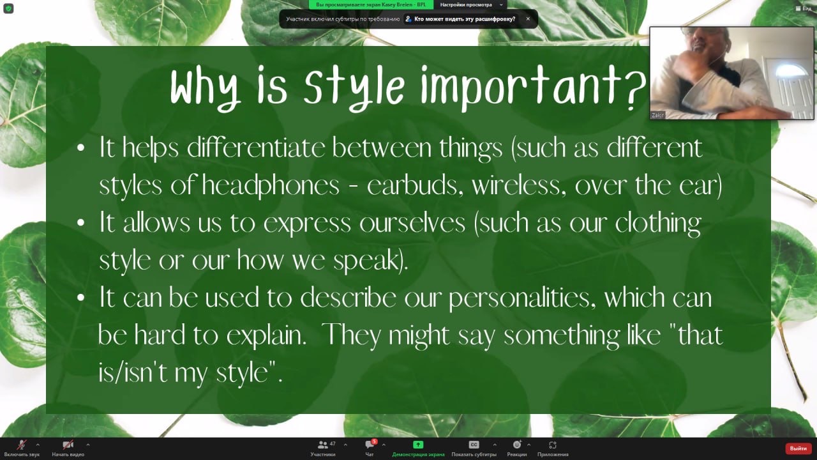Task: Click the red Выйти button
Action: click(x=798, y=448)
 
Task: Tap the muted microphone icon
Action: click(x=22, y=445)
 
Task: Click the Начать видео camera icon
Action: click(x=68, y=445)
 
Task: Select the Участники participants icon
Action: click(x=322, y=445)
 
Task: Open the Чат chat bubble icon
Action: click(x=370, y=445)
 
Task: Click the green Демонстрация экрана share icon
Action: click(x=418, y=445)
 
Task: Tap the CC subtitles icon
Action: click(x=474, y=445)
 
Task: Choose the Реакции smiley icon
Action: click(x=517, y=445)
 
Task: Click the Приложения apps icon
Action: click(x=553, y=445)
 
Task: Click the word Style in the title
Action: click(x=354, y=88)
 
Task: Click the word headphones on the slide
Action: click(x=271, y=185)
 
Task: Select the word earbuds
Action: click(x=415, y=185)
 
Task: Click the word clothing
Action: click(x=658, y=223)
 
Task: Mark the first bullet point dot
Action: click(x=81, y=148)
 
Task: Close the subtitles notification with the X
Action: click(x=528, y=19)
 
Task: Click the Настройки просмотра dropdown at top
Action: click(x=470, y=4)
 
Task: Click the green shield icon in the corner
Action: click(x=8, y=8)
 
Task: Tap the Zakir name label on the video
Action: click(x=658, y=115)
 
